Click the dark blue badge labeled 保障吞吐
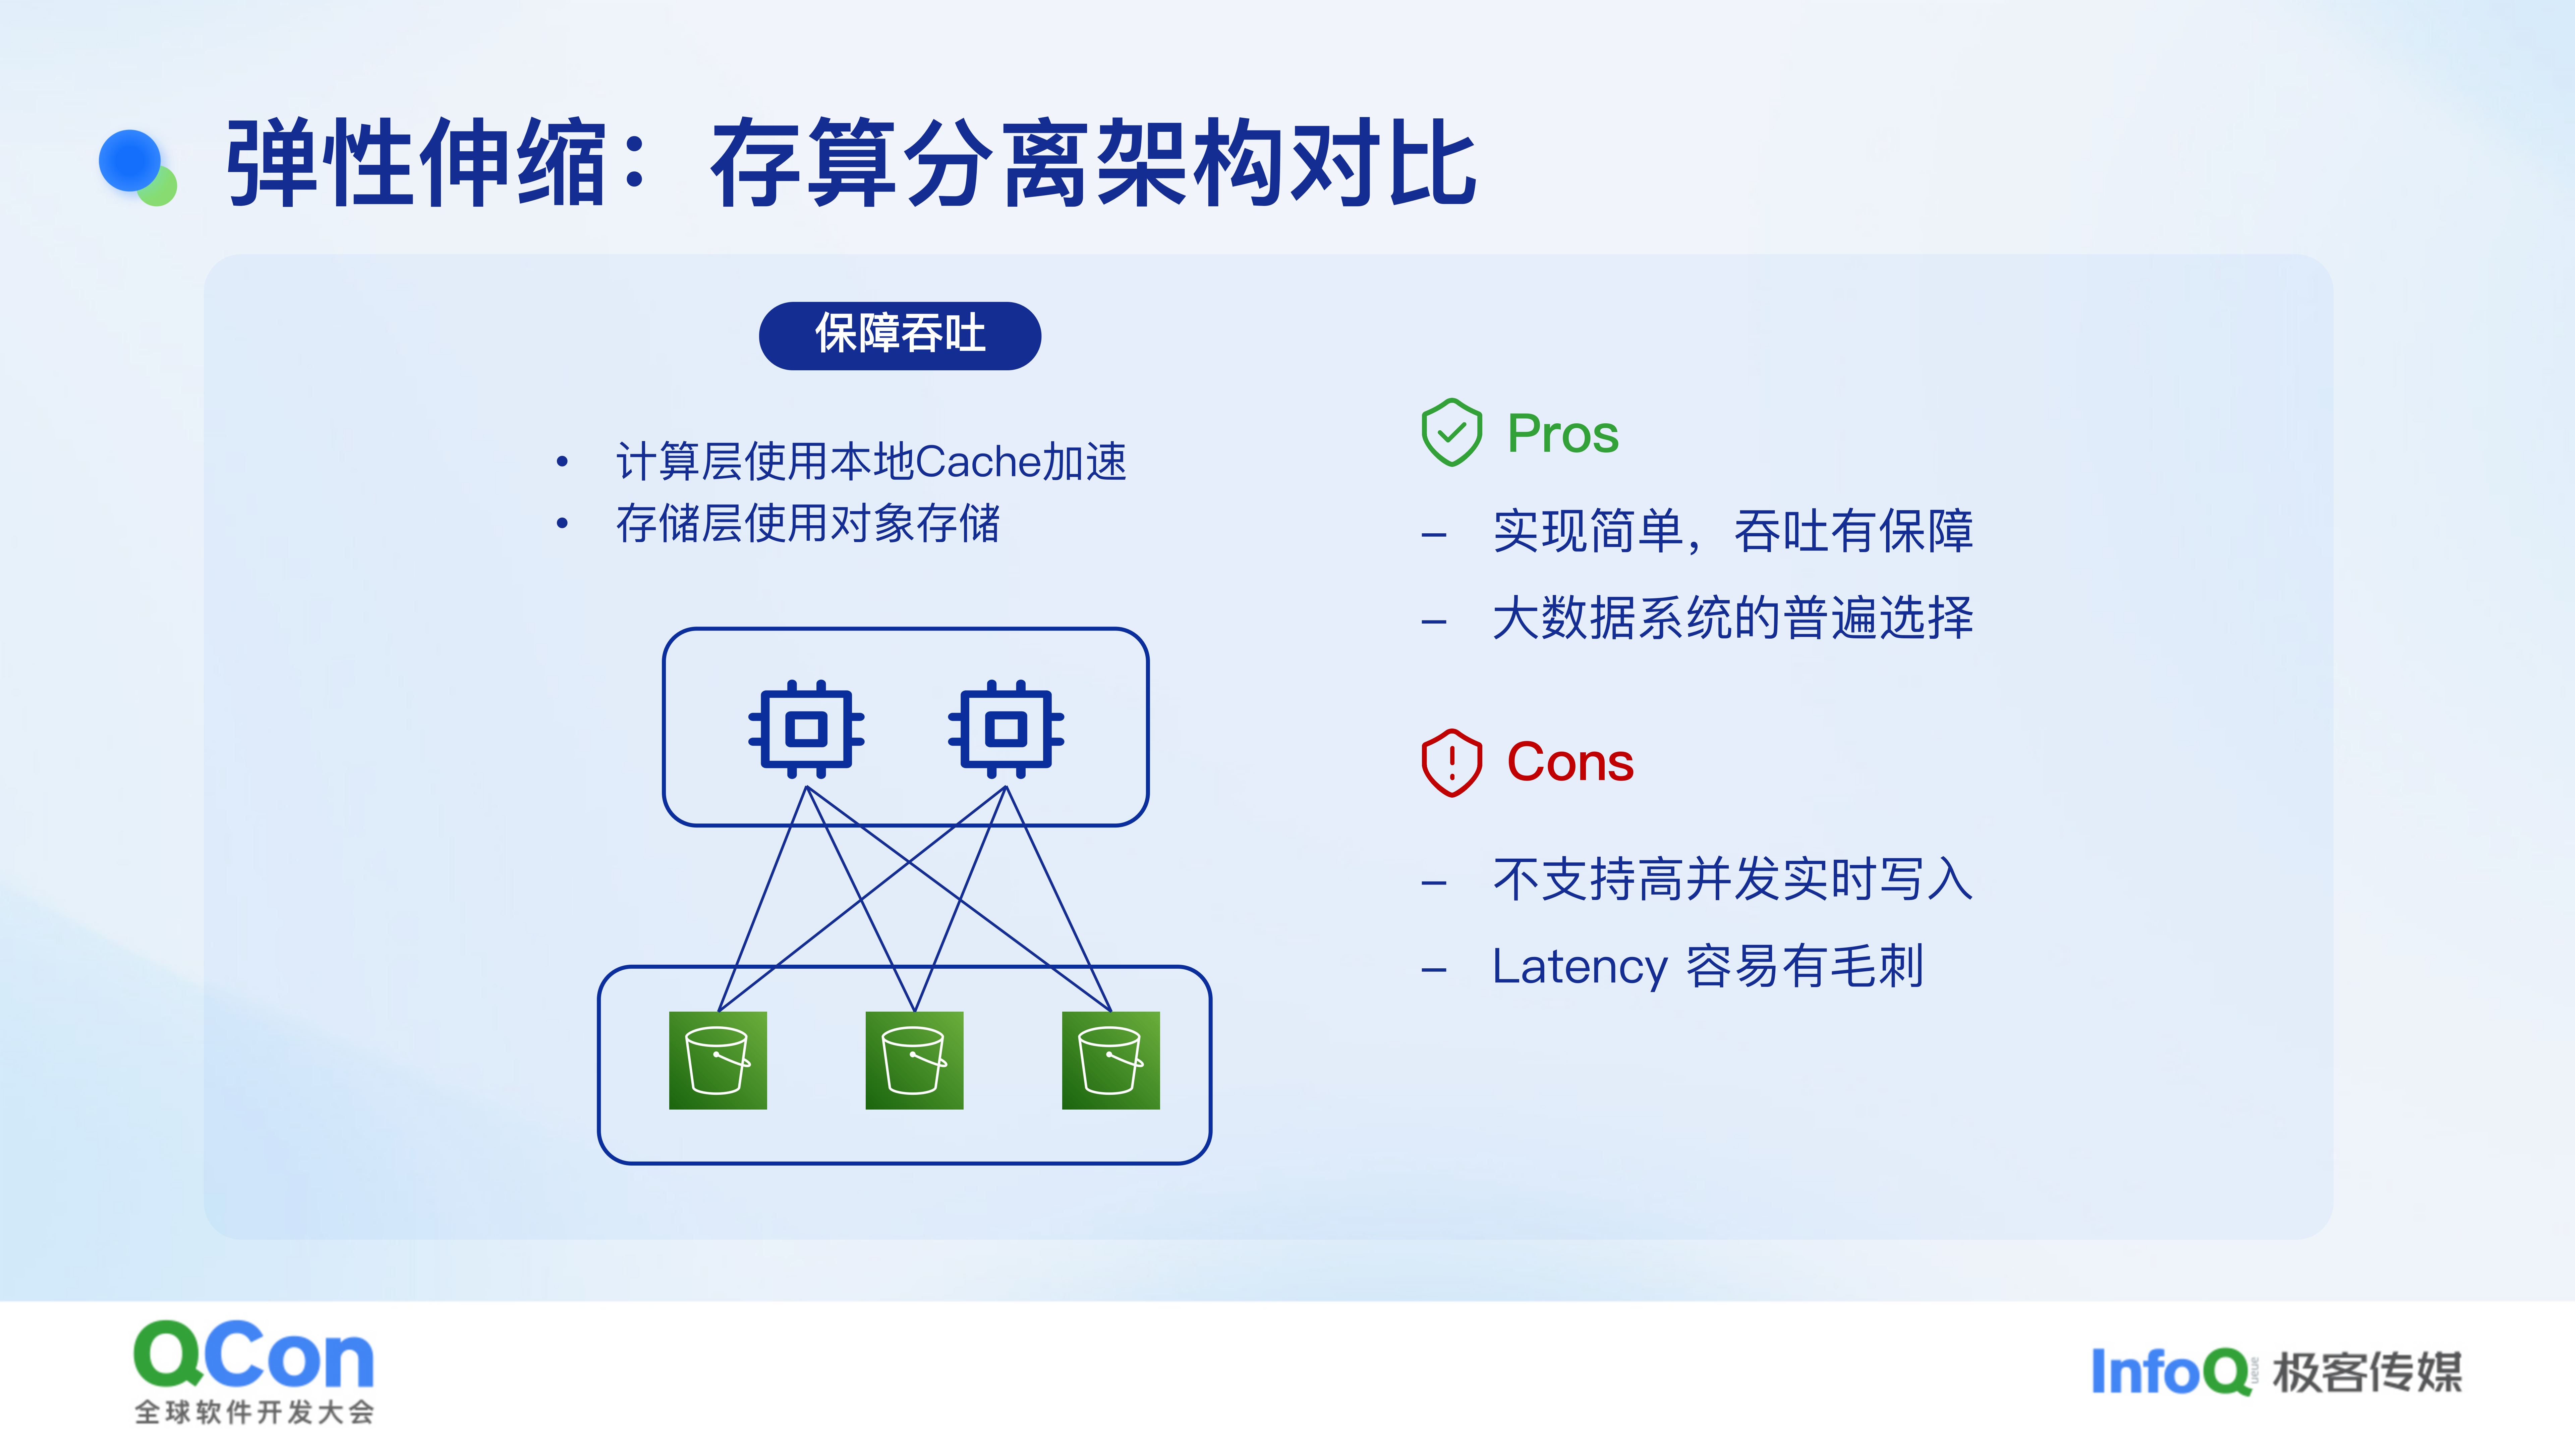pos(900,336)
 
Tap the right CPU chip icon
pos(1006,729)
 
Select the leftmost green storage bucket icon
pos(718,1060)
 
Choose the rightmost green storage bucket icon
pos(1110,1060)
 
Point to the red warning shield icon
pos(1451,762)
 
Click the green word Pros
pos(1562,434)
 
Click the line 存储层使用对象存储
pos(808,523)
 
